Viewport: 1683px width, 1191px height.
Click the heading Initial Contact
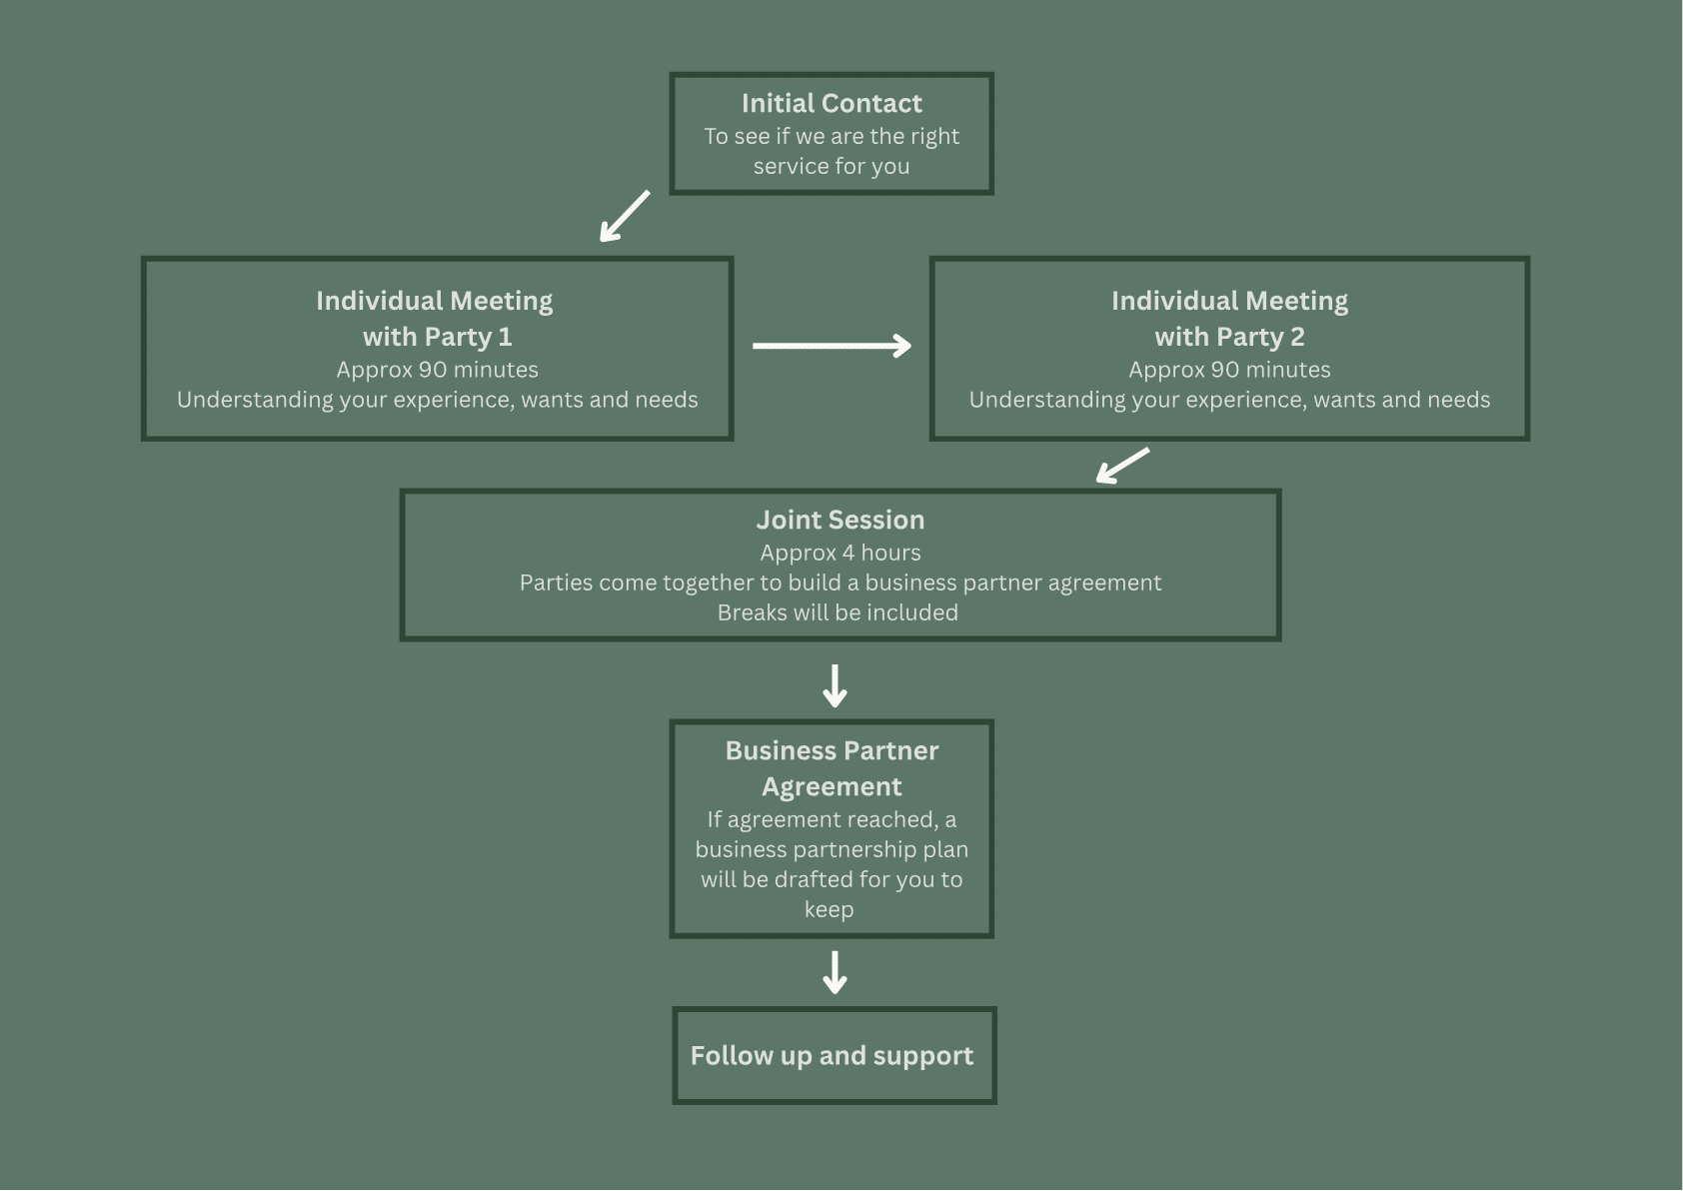point(832,103)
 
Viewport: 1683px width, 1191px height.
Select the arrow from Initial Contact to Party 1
point(625,216)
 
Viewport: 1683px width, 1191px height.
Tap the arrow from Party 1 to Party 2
point(832,346)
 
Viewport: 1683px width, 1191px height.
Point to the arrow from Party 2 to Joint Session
point(1122,466)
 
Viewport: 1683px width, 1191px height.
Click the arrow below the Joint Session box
point(835,685)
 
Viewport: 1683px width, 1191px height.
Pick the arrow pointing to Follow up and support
point(835,972)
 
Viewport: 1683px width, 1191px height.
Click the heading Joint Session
point(840,520)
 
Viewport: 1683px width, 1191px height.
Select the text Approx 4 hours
point(840,553)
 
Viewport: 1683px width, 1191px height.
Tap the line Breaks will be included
point(838,612)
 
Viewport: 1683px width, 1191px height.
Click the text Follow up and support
point(832,1056)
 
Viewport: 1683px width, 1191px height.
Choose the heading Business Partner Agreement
point(832,768)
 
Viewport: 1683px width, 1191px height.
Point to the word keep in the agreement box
point(830,910)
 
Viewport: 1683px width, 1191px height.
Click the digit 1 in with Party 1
point(506,337)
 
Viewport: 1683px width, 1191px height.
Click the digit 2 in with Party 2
point(1297,337)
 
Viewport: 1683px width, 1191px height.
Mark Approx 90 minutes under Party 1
point(438,370)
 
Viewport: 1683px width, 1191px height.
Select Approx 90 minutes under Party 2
point(1229,370)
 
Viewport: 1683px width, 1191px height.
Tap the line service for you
point(832,166)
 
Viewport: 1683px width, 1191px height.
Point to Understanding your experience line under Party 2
point(1229,400)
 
